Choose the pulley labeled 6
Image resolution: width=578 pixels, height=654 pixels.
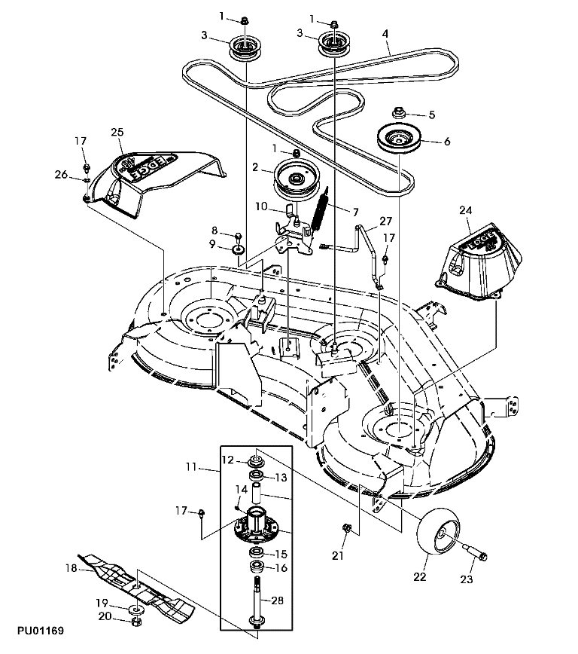(x=398, y=140)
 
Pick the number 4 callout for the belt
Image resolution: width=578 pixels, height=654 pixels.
(x=385, y=34)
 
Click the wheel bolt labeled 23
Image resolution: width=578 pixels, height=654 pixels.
(x=472, y=555)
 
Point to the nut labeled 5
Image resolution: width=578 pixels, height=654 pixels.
(x=398, y=115)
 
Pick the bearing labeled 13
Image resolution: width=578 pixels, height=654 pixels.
(x=256, y=478)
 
